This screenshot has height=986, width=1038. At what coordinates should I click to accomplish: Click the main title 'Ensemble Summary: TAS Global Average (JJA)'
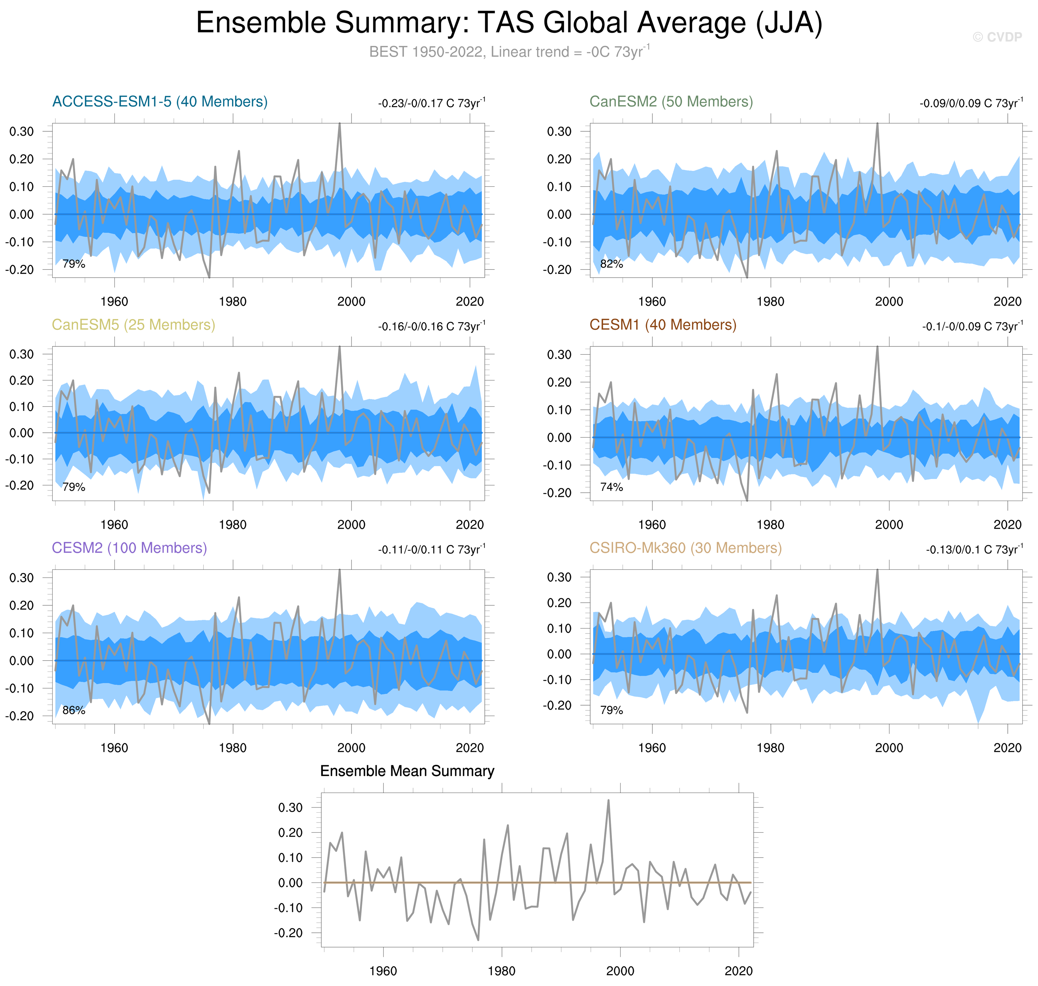click(509, 24)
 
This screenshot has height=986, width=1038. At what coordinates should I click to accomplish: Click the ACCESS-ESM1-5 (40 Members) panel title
click(160, 101)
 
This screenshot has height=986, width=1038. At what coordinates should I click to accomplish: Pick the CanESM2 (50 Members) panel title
click(671, 101)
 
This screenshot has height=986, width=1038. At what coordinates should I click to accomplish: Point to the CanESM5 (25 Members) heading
click(134, 325)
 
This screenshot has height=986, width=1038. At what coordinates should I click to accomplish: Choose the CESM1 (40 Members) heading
click(662, 325)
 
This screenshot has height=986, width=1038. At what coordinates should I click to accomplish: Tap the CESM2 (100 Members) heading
click(129, 548)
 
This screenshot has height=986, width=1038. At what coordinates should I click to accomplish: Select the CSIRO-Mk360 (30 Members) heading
click(685, 548)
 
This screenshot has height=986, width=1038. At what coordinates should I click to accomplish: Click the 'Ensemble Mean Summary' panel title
click(407, 771)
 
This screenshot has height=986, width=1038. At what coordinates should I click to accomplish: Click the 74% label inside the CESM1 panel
click(611, 487)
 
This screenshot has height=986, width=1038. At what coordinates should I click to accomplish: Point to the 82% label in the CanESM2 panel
click(611, 264)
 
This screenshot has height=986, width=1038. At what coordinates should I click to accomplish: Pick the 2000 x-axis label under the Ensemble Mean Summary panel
click(620, 971)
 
